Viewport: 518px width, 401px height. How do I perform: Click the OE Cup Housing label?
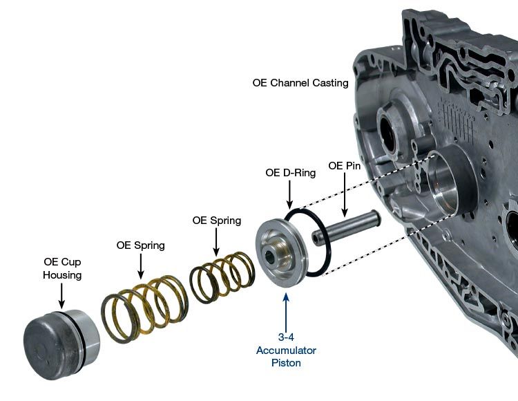[61, 269]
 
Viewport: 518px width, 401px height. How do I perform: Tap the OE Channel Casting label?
[300, 83]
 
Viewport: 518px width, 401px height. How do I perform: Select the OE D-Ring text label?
[291, 173]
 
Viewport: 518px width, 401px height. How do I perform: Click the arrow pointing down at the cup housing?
[61, 295]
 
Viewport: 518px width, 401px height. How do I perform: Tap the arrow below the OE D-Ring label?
[291, 196]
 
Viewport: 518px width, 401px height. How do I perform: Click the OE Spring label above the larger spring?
[140, 245]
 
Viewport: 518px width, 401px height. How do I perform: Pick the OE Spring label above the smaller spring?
[216, 221]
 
